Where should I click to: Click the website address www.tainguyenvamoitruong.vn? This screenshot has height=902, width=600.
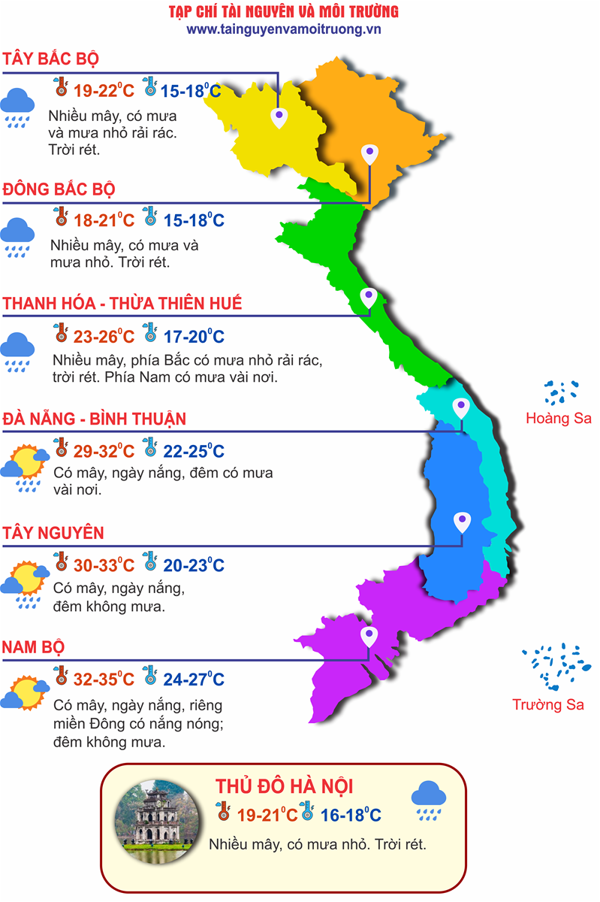tap(284, 29)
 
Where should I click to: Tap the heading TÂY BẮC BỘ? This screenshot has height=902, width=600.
tap(51, 59)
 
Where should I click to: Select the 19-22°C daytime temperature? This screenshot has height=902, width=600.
tap(104, 91)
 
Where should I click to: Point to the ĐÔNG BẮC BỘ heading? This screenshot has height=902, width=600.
tap(59, 189)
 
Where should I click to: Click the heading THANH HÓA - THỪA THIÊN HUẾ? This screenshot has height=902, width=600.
tap(123, 304)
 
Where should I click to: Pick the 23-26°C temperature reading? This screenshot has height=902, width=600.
tap(104, 336)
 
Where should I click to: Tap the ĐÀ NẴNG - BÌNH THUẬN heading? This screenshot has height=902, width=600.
tap(95, 419)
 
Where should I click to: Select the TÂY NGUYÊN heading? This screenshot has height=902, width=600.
tap(53, 533)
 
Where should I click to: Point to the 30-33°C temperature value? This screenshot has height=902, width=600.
tap(104, 565)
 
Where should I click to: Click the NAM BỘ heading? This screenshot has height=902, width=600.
tap(34, 647)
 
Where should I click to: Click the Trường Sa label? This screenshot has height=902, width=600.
tap(548, 704)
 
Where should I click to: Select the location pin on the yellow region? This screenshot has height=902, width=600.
tap(279, 117)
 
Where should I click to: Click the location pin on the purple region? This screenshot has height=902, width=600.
tap(368, 637)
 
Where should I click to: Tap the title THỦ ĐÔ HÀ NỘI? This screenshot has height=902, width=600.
tap(285, 787)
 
